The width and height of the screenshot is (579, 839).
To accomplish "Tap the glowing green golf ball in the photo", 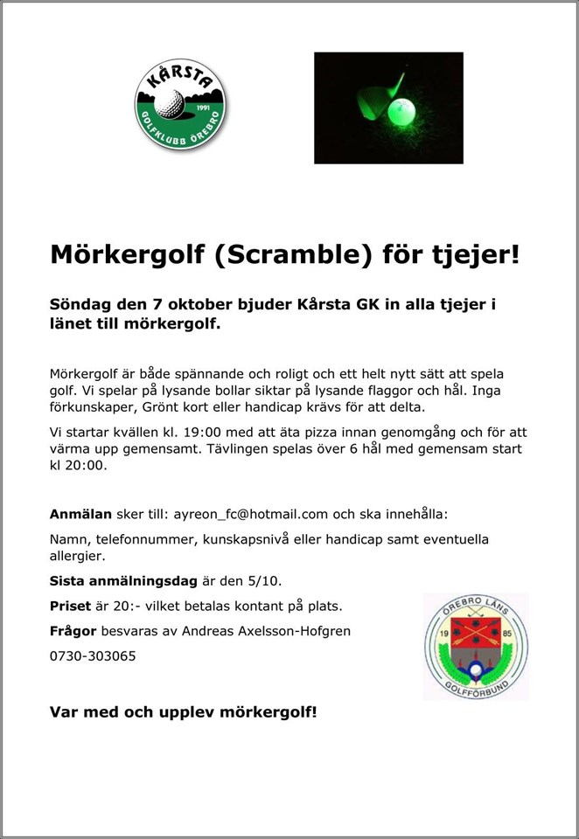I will tap(403, 112).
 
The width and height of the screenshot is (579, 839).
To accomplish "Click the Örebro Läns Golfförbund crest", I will tap(476, 646).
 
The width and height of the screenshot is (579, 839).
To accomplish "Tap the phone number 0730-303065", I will tap(93, 655).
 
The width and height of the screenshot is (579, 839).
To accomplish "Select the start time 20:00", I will tap(87, 466).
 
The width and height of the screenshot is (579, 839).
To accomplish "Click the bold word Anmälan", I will tap(80, 515).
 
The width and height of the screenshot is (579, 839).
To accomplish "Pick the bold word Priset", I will tap(70, 606).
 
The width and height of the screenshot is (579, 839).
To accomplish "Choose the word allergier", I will tap(78, 556).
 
